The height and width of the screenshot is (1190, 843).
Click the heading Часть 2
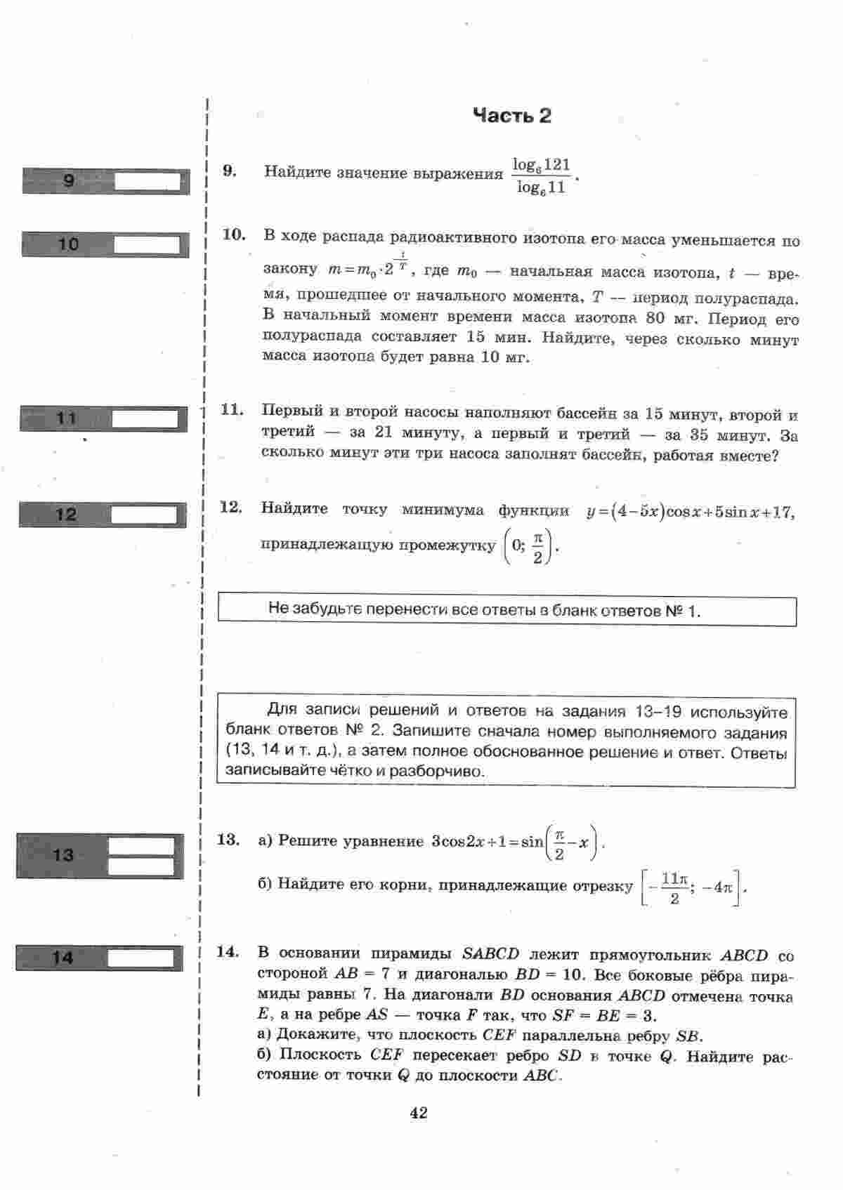511,116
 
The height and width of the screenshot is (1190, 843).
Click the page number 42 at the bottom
418,1113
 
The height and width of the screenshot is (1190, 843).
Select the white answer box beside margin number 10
147,245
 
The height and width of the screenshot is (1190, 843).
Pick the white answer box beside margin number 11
145,419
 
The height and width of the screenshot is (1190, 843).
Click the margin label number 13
63,855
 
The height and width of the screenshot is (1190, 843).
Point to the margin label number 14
62,957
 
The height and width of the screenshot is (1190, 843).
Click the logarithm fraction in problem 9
541,176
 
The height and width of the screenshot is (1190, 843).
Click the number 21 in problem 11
384,432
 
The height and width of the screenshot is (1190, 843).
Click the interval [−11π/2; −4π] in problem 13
693,888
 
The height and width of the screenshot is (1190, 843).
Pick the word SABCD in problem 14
490,955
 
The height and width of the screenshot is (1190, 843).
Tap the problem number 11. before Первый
232,410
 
